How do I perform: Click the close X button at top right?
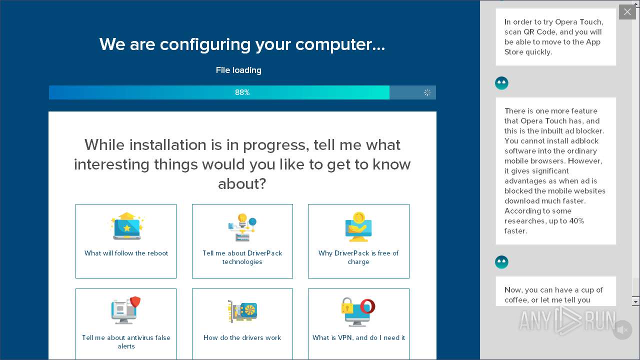coord(627,12)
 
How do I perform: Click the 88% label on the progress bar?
coord(242,92)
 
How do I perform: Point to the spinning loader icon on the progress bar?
coord(427,92)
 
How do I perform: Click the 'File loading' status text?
coord(238,70)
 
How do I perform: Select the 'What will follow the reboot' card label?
coord(126,253)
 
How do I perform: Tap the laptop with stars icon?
coord(126,226)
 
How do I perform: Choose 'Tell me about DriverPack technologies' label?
coord(242,257)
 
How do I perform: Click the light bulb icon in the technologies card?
coord(242,220)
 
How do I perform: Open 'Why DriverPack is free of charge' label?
coord(358,257)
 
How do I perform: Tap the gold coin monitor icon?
coord(358,226)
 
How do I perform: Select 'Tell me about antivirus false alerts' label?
coord(126,341)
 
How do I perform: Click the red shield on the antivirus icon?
coord(135,302)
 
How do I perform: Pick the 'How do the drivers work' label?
coord(242,337)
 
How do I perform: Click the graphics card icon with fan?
coord(243,311)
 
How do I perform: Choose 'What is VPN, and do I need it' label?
coord(358,337)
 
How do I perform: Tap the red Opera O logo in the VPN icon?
coord(367,305)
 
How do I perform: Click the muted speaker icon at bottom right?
coord(622,330)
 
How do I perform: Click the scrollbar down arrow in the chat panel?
coord(635,301)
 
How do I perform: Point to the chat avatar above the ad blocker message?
coord(501,83)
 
